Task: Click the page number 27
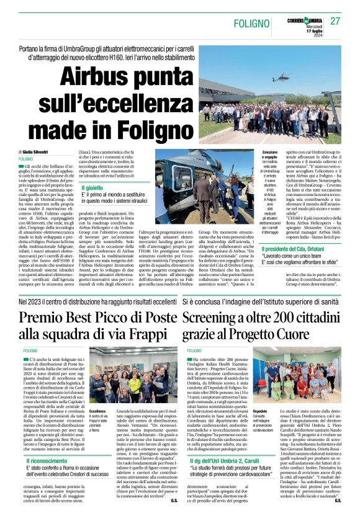point(335,21)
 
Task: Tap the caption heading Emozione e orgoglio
point(270,154)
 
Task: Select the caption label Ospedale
point(260,410)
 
